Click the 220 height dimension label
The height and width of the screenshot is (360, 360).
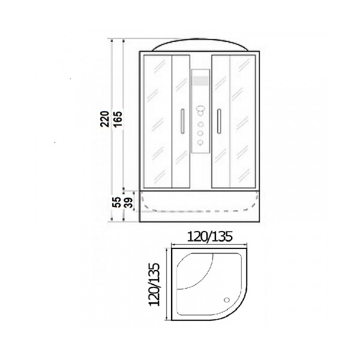104,119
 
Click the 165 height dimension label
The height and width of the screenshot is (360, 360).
118,119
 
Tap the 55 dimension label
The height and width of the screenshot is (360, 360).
118,202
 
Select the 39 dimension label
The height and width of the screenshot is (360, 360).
128,203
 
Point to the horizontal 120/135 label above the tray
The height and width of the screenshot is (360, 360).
210,236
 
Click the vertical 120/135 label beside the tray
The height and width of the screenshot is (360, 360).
154,284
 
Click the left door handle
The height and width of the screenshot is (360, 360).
182,121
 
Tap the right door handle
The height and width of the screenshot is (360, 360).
219,121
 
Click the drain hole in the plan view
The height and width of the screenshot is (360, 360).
227,300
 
